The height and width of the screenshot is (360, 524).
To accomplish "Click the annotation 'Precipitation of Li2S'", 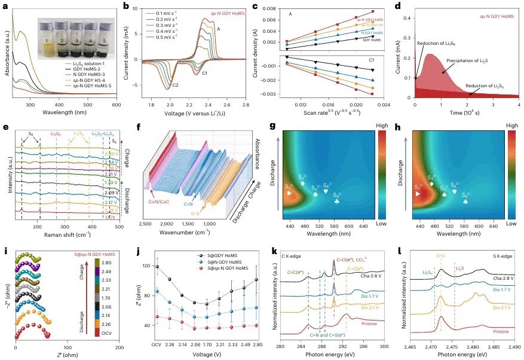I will pos(464,61).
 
